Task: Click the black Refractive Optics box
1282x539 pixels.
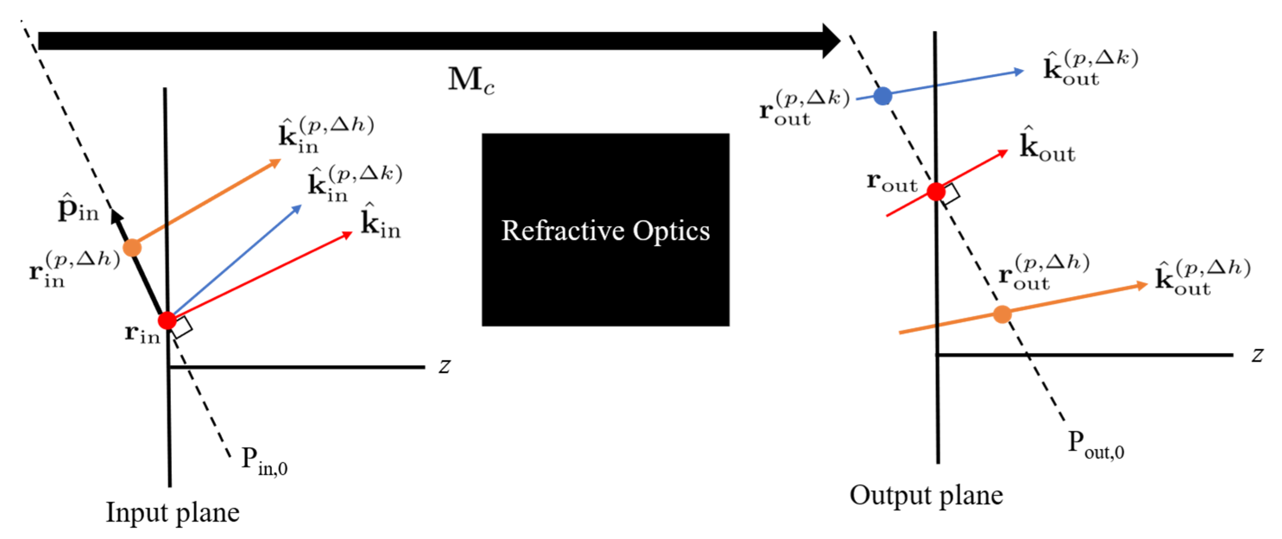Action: (x=605, y=230)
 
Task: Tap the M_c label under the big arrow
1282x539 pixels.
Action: (x=471, y=80)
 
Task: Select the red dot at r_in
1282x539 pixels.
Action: (x=167, y=321)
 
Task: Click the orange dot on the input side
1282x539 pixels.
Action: (x=132, y=247)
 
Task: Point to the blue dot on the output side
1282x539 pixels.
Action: (x=883, y=95)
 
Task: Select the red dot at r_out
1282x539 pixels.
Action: (x=936, y=191)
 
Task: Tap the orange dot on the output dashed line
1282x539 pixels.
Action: (x=1002, y=314)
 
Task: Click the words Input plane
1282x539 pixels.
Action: (x=172, y=513)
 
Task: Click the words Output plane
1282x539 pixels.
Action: (x=926, y=496)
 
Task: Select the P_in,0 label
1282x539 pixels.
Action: (x=264, y=461)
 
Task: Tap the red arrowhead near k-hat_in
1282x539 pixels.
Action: (x=347, y=234)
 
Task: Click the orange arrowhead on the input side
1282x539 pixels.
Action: (x=276, y=162)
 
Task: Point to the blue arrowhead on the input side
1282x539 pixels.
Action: (x=297, y=208)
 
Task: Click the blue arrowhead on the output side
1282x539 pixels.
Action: (x=1018, y=72)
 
